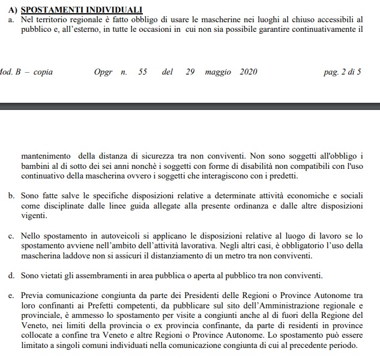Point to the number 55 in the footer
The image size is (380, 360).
point(142,72)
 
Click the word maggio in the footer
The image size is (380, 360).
point(217,72)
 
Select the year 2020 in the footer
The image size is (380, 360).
point(249,72)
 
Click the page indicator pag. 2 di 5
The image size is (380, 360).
point(342,72)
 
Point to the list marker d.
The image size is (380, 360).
point(11,276)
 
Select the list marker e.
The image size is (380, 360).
point(11,296)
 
